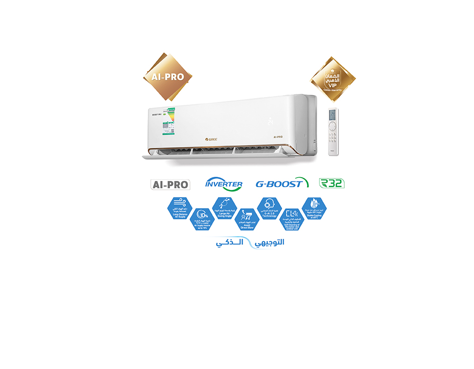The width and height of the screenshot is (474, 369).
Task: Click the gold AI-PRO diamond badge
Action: pos(167,77)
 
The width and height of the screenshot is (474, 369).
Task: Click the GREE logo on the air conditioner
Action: pos(211,139)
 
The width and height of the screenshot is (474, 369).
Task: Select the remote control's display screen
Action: pos(333,115)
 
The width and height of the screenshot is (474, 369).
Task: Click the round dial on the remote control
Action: pos(333,126)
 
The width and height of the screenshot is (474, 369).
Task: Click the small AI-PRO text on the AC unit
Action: pos(278,137)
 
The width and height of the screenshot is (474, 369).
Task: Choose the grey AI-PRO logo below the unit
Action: pos(170,184)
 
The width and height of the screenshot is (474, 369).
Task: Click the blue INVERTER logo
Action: pos(224,184)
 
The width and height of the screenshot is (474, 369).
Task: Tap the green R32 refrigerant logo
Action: pos(332,183)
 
